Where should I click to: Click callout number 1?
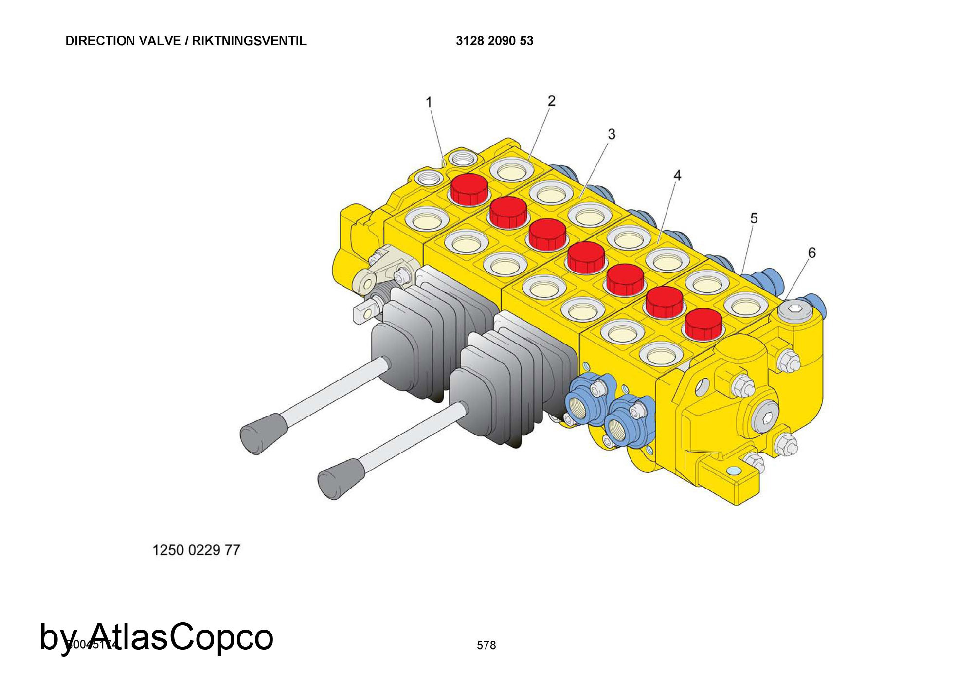pos(429,102)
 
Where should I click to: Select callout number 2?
pos(551,101)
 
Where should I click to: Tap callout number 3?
pos(612,134)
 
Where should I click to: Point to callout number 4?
pos(677,175)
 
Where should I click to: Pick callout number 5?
pos(754,218)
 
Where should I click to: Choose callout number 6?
pos(811,253)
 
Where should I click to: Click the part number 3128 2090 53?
pos(494,41)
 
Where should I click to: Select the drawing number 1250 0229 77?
pos(196,550)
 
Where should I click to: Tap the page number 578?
pos(486,645)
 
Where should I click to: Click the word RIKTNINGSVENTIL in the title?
pos(249,41)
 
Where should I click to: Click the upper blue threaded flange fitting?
pos(587,400)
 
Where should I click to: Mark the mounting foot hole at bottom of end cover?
pos(733,470)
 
